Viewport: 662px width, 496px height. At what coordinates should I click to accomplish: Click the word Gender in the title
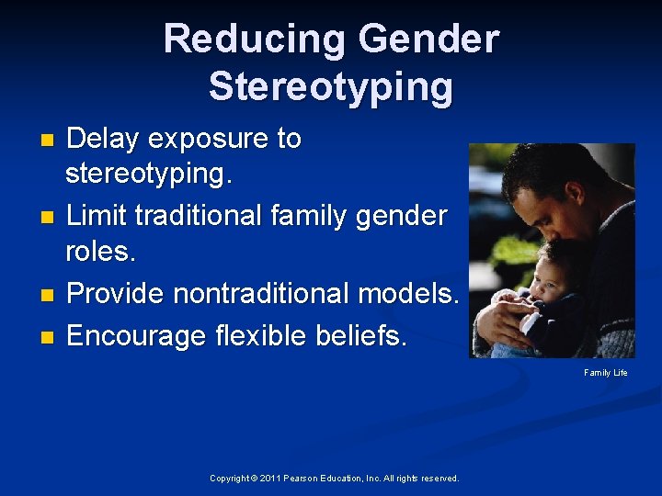(x=429, y=39)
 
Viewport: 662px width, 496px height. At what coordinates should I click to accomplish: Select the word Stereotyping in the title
(x=331, y=86)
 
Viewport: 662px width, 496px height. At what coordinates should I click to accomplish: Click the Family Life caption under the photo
(x=606, y=373)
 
